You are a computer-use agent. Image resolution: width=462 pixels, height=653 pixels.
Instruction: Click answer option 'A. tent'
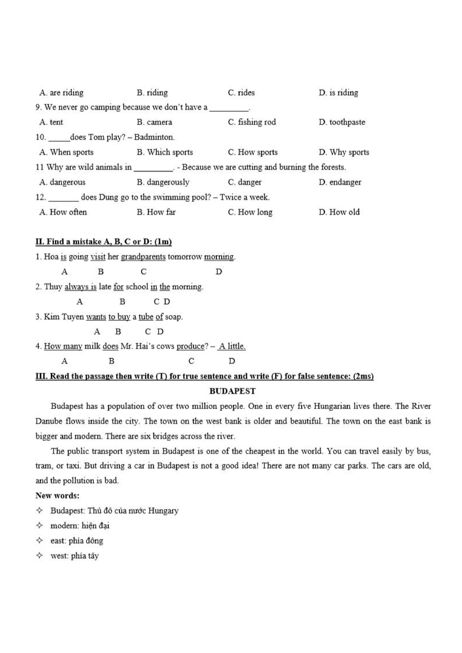(51, 122)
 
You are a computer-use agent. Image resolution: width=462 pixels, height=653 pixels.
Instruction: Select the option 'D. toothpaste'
(342, 122)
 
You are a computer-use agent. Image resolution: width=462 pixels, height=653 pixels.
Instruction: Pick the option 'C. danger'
(245, 182)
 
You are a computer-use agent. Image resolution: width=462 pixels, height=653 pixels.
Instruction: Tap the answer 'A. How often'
(63, 212)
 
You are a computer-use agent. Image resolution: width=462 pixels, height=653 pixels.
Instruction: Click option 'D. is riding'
(338, 93)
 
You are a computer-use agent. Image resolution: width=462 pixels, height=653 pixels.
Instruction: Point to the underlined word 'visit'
(98, 257)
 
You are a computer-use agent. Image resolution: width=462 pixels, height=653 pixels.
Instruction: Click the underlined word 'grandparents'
(143, 257)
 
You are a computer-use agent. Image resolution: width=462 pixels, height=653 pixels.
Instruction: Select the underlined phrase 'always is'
(81, 287)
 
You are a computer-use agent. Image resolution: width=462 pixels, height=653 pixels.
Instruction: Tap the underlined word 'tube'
(146, 317)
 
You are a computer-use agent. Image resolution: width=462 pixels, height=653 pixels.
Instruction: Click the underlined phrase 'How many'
(63, 346)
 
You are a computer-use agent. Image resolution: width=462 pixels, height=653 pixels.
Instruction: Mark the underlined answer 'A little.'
(232, 346)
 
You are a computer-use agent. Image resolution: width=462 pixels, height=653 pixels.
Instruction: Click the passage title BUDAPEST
(232, 391)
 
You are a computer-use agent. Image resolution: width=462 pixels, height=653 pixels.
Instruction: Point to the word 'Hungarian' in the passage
(332, 406)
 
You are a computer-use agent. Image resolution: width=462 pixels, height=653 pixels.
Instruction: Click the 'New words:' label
(57, 496)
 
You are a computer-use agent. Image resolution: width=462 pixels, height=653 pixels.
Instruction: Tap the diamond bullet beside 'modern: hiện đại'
(40, 526)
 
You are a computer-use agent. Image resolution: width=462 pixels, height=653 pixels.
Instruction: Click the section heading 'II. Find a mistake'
(103, 242)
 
